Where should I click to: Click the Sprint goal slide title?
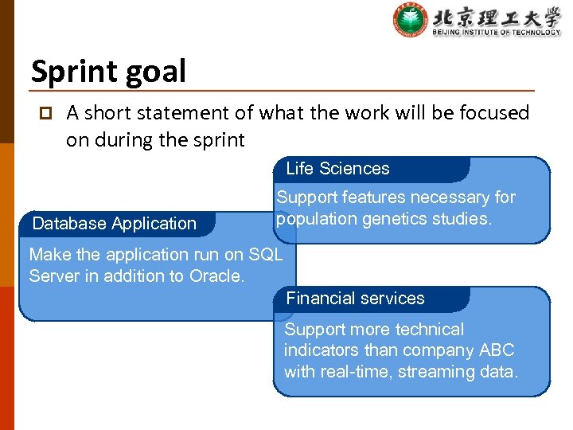(x=108, y=72)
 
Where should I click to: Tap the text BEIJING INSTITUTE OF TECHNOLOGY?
(x=496, y=33)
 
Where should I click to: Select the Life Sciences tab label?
(x=337, y=168)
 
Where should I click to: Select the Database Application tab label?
(x=114, y=224)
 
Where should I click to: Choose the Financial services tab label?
(x=355, y=299)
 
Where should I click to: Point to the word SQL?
(x=265, y=255)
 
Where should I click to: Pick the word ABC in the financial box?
(x=497, y=350)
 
